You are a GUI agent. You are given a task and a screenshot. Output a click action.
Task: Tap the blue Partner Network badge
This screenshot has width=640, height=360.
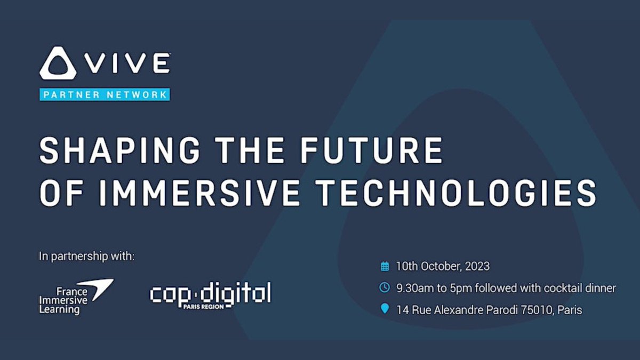(105, 95)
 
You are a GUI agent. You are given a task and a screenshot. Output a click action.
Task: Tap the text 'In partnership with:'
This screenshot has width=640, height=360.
(87, 257)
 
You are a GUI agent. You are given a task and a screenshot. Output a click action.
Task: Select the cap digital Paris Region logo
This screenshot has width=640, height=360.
(210, 295)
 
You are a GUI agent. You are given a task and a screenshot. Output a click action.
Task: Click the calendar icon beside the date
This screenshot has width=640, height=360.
(385, 266)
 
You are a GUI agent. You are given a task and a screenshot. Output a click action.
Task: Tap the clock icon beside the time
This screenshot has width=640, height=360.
(385, 288)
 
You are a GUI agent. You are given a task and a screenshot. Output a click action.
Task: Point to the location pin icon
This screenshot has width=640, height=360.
(385, 309)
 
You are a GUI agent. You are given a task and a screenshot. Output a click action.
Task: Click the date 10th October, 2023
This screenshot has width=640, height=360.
(443, 266)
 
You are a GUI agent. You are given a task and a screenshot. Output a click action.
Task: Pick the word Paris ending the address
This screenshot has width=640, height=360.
(570, 309)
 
